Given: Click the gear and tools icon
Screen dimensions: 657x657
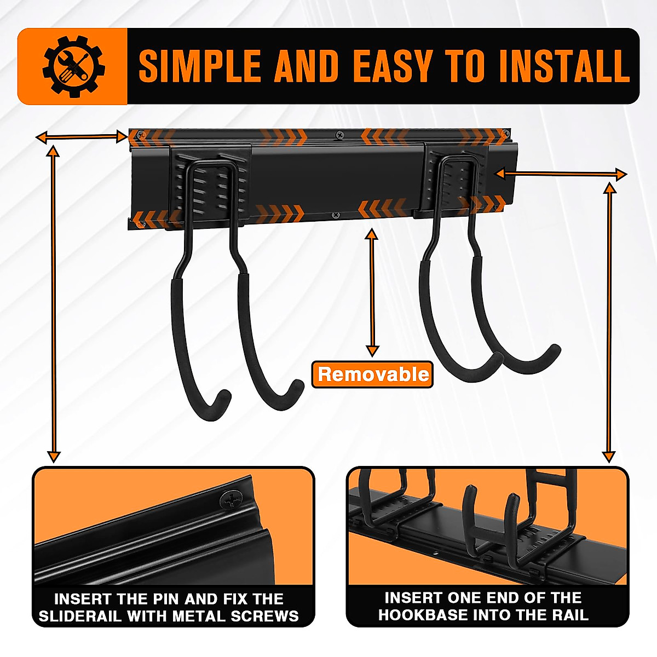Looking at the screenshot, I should click(73, 67).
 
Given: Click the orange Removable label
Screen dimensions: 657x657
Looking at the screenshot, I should click(373, 374).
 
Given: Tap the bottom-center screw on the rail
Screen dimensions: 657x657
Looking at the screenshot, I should click(333, 215).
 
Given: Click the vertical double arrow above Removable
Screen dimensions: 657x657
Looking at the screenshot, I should click(372, 293).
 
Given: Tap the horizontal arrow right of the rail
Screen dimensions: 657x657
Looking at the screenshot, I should click(561, 174).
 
